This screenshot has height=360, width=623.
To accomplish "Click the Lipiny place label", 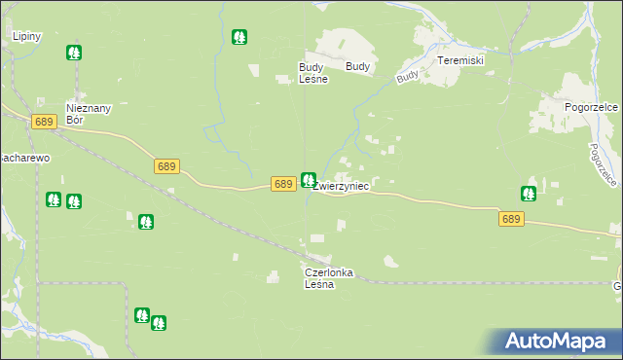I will click(25, 36).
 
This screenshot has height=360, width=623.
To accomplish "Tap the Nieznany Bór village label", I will click(85, 114).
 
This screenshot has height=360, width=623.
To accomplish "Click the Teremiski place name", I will click(460, 60).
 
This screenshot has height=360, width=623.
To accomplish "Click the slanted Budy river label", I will click(408, 74).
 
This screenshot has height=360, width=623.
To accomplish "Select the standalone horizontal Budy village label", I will click(357, 67).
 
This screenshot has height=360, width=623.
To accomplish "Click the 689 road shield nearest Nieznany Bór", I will click(42, 122).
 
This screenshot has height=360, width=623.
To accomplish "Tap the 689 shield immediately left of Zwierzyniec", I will click(283, 184).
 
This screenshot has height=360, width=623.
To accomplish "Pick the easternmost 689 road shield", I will click(512, 220).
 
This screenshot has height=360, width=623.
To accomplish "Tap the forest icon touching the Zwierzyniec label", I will click(309, 179).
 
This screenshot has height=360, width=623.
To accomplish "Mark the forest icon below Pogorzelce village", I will click(529, 194).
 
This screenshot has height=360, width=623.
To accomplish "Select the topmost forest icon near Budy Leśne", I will click(239, 38).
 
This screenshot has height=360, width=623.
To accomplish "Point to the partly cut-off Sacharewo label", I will click(23, 157).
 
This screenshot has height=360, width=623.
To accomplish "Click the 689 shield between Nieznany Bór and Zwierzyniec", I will click(166, 167).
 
